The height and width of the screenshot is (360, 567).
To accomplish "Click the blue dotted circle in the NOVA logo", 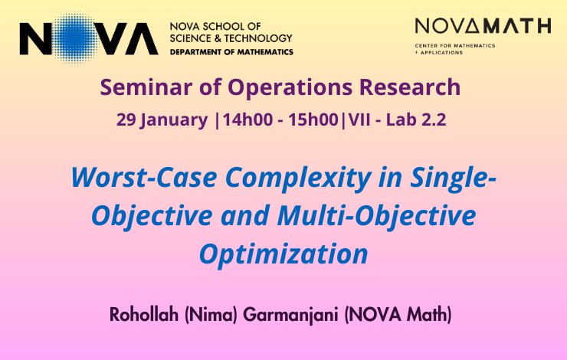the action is (74, 38).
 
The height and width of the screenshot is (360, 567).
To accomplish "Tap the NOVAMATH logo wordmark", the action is (483, 26).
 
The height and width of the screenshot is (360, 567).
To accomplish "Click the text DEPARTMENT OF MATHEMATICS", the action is (231, 52).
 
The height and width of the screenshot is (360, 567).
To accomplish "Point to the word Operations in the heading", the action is (290, 88).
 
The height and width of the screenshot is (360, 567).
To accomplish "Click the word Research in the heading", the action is (410, 87).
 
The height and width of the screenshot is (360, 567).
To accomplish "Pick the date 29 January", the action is (162, 120).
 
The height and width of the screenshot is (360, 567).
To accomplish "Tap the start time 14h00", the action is (247, 119).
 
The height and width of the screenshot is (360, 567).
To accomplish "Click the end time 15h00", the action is (313, 119).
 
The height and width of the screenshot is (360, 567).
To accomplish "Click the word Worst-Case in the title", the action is (144, 178).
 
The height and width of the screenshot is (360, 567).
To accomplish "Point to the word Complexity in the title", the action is (298, 178).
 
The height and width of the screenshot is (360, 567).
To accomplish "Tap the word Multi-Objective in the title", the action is (376, 216).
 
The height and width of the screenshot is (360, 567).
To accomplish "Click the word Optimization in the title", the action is (283, 255).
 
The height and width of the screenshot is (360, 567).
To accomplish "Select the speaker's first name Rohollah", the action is (144, 314).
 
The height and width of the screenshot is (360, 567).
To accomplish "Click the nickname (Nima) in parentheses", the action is (211, 314).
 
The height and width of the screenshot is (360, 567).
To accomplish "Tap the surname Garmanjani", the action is (290, 315).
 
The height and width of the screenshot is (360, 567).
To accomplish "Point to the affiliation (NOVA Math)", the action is (398, 314).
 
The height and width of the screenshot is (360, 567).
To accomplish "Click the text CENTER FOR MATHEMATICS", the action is (455, 46).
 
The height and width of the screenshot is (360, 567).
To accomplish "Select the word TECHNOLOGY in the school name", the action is (258, 38).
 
